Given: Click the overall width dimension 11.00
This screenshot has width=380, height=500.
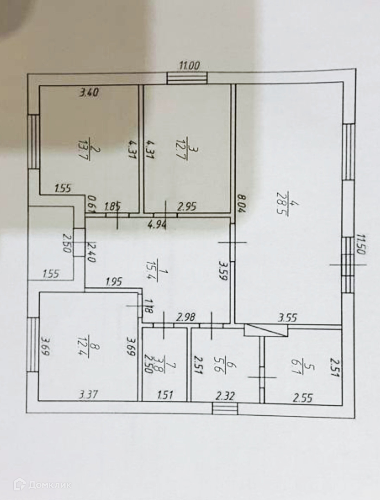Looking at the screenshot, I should [190, 66].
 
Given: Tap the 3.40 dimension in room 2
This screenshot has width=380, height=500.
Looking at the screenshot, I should [89, 93].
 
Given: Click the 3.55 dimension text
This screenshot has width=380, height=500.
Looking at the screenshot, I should [288, 318].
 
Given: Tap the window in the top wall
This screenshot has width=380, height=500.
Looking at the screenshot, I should [187, 78].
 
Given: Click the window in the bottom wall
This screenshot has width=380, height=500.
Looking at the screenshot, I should [225, 409].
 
